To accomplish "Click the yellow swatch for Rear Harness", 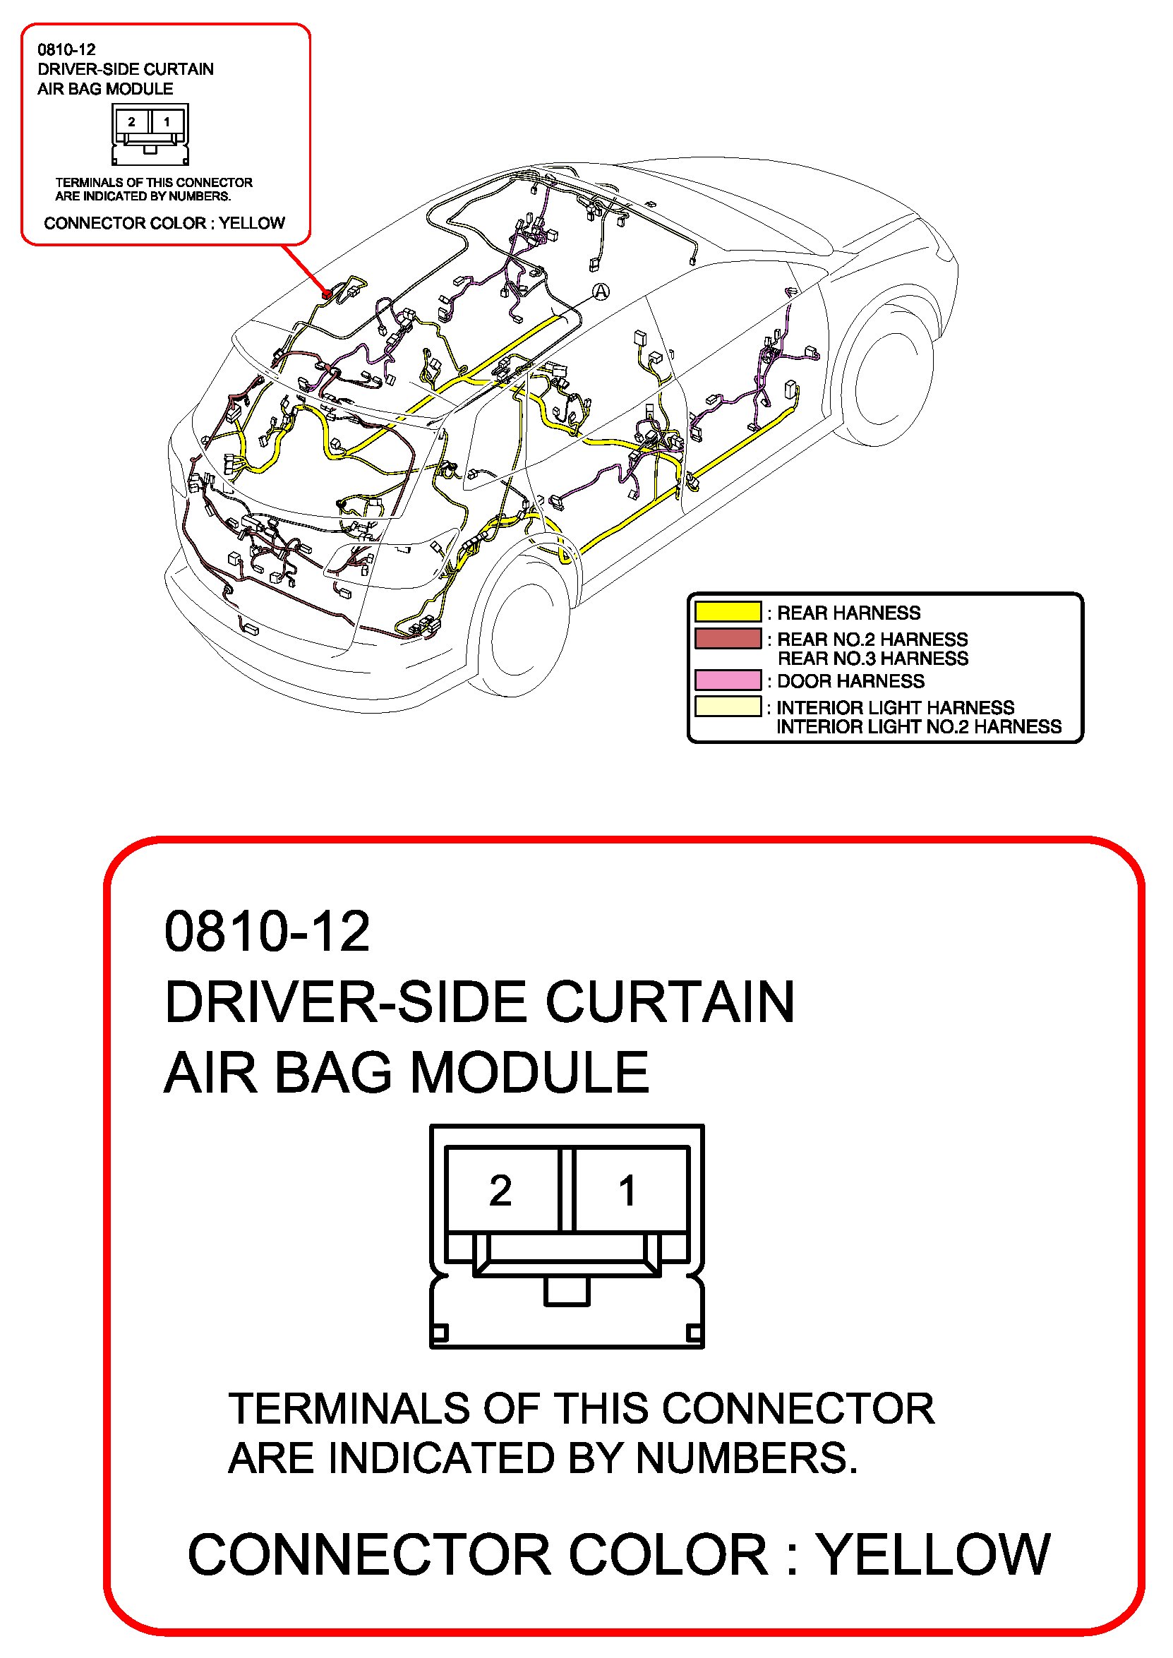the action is click(x=728, y=612).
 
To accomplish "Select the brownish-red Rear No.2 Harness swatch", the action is click(x=728, y=639).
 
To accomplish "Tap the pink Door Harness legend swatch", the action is click(x=728, y=680).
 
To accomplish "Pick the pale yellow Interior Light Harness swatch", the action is click(x=728, y=706).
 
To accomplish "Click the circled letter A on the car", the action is click(x=601, y=292).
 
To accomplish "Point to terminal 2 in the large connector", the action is click(x=500, y=1191).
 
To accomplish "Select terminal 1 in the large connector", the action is click(x=627, y=1191).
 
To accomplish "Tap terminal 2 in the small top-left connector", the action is click(x=131, y=121).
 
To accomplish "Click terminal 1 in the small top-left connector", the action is click(x=167, y=121).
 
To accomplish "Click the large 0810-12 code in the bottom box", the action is click(x=267, y=931).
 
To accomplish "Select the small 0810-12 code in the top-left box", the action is click(x=66, y=50).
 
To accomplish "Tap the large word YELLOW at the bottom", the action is click(x=932, y=1555).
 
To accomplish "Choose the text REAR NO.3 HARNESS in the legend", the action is click(x=872, y=658).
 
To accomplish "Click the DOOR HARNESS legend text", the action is click(x=850, y=680).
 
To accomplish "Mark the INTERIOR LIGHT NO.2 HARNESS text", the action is click(x=919, y=726).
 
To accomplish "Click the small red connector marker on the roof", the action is click(x=327, y=294).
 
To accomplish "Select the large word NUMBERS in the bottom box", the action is click(x=747, y=1458).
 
